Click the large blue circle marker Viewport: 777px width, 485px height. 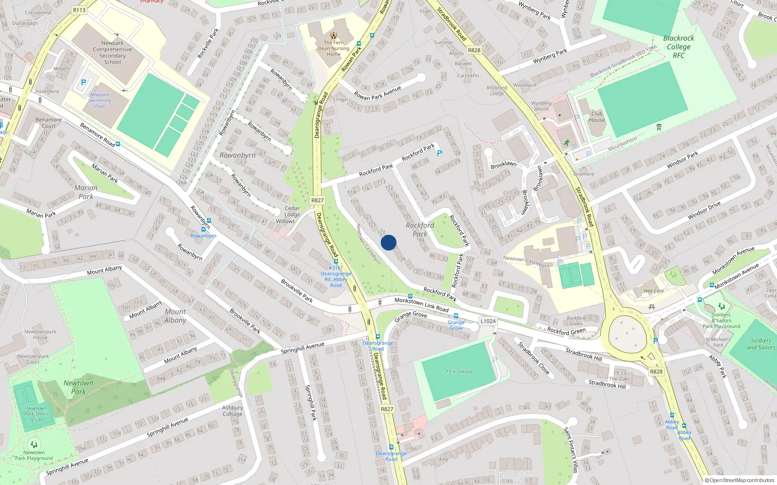[388, 242]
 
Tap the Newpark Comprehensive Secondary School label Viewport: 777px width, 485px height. [112, 52]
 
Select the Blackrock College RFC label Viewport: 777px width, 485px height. [678, 47]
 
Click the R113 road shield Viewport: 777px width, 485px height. [79, 10]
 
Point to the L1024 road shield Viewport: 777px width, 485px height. [488, 321]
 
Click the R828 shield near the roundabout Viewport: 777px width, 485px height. [656, 372]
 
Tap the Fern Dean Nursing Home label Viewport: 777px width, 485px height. [334, 48]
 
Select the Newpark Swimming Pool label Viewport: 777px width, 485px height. [100, 100]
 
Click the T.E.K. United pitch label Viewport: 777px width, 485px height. [459, 372]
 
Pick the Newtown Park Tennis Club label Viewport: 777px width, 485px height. [36, 414]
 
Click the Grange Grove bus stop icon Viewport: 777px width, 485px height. [456, 316]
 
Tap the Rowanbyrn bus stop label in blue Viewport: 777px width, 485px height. [203, 236]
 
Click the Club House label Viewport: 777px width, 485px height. [597, 117]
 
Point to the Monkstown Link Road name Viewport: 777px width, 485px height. [422, 304]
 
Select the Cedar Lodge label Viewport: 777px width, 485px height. [292, 211]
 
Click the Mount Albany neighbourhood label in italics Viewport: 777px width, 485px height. [175, 316]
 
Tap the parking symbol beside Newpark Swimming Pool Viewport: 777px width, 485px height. [84, 83]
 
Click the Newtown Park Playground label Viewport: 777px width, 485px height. [34, 455]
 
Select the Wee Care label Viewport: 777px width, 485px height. [654, 291]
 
